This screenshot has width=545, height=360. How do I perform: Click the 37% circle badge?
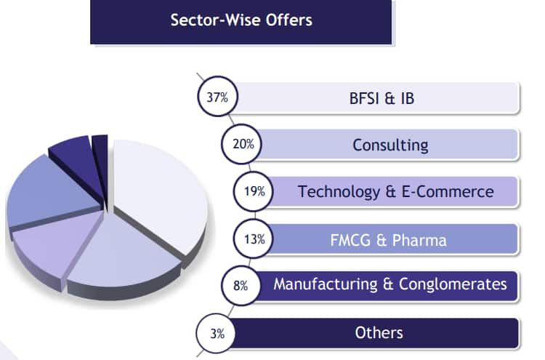point(217,96)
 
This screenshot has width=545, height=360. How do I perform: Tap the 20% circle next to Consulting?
point(241,144)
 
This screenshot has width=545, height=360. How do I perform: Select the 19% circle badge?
point(254,191)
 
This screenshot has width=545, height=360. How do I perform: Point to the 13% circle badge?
point(254,239)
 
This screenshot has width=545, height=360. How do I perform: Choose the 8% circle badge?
point(241,286)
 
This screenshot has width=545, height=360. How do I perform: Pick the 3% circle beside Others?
point(217,333)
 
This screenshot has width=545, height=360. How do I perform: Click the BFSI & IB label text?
point(381,98)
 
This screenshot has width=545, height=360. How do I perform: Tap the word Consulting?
point(390,145)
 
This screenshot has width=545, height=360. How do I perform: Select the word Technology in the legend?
point(339,192)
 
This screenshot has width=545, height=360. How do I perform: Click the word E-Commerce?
point(448,192)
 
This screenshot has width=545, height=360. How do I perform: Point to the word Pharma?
point(419,240)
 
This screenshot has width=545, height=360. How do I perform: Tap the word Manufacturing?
point(326,284)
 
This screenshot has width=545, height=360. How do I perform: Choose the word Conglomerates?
point(453,284)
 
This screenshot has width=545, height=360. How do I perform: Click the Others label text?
point(379,333)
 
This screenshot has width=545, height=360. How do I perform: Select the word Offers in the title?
point(289,20)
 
